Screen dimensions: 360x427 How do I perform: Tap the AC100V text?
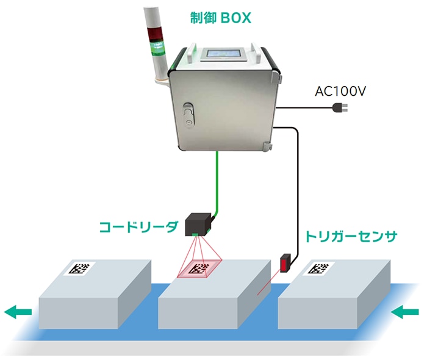point(340,92)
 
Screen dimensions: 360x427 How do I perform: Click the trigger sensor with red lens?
point(287,264)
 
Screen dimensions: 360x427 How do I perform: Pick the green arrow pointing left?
point(18,312)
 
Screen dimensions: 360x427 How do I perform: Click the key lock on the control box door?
point(188,122)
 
